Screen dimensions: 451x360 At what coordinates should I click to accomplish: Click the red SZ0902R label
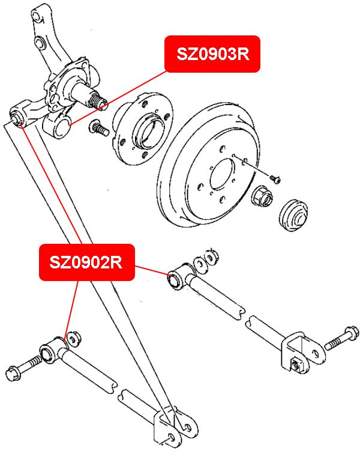coord(87,262)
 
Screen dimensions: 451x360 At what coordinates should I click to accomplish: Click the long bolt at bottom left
coord(27,365)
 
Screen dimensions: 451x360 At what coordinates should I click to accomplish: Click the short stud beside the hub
coord(97,128)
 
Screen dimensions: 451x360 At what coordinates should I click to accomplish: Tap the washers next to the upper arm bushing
coord(205,258)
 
